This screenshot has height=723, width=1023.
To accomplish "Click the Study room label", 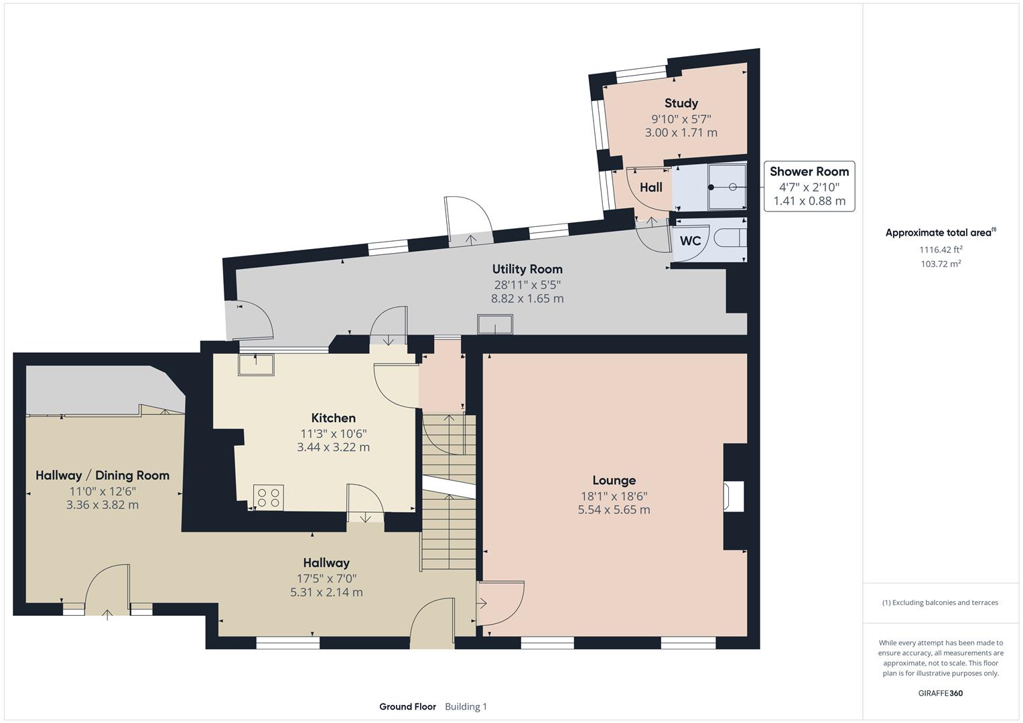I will click(x=681, y=103).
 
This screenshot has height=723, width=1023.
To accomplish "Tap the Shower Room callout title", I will click(x=809, y=171).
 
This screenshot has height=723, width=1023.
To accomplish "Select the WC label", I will click(x=690, y=241).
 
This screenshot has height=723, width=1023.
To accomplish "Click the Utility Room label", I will click(x=527, y=269).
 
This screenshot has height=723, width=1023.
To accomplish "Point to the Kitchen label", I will click(x=333, y=418).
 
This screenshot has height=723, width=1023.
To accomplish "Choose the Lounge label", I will click(x=614, y=480).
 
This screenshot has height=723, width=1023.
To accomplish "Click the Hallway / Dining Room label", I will click(x=103, y=475).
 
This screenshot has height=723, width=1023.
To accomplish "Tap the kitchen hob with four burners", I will click(x=268, y=497).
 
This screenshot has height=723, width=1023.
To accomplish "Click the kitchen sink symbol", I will click(x=257, y=364).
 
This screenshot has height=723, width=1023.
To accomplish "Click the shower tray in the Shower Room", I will click(x=726, y=187).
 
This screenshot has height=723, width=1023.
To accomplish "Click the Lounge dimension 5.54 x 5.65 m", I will click(x=614, y=510).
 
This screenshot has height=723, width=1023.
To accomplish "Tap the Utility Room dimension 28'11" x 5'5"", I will click(x=527, y=285).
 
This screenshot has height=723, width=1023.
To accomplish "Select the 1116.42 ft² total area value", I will click(x=941, y=250).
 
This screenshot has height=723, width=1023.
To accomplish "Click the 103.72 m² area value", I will click(x=941, y=264).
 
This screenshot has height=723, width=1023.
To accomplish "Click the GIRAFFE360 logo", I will click(x=941, y=694).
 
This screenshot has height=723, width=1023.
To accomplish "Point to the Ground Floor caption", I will click(x=407, y=707).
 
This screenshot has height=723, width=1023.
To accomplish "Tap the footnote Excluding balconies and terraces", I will click(x=941, y=602).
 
